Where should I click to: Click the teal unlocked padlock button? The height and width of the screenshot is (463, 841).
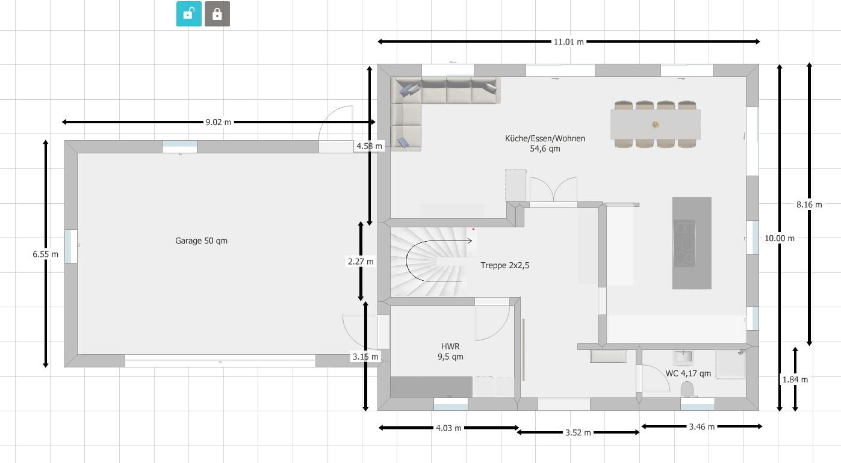[188, 14]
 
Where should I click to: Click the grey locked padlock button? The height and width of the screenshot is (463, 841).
[217, 14]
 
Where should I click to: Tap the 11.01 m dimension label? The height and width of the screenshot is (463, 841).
[568, 42]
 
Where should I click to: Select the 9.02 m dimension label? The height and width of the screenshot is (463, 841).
[218, 122]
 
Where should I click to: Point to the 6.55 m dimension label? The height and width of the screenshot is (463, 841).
[45, 254]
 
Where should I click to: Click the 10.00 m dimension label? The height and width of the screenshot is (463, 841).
[779, 238]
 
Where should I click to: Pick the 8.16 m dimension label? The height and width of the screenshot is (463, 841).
[808, 204]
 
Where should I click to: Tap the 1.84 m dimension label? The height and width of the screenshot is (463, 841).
[795, 379]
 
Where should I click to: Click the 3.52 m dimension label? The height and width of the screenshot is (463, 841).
[578, 432]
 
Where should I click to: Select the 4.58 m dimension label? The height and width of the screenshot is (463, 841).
[368, 146]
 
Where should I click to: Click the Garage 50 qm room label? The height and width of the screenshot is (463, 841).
[201, 241]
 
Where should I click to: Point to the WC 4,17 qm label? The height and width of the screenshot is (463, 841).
[688, 373]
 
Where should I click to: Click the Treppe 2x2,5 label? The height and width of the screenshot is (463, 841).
[504, 265]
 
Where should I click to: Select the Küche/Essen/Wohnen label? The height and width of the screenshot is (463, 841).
[545, 138]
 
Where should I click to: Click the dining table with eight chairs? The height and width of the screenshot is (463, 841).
[655, 124]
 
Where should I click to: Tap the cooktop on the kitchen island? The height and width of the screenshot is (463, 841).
[684, 243]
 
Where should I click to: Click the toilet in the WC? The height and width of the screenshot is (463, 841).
[687, 391]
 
